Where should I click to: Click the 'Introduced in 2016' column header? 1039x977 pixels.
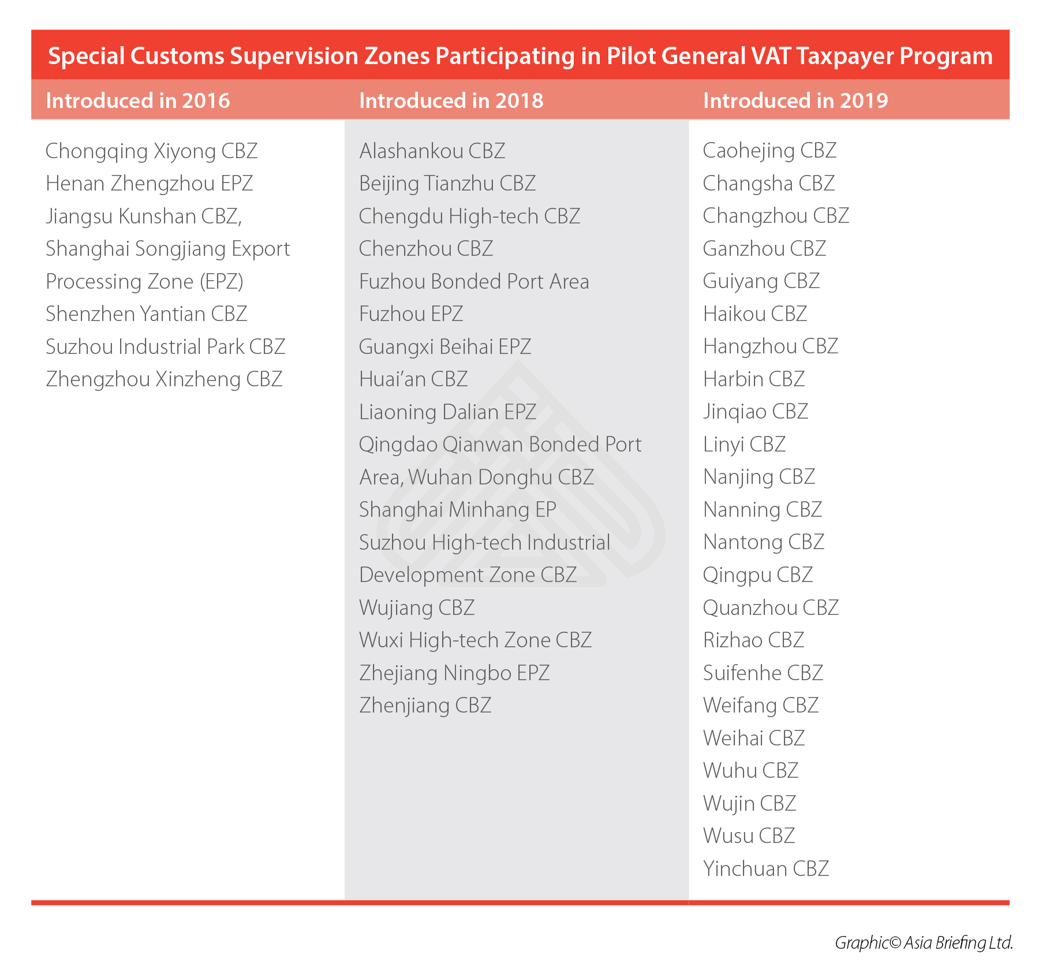tap(137, 100)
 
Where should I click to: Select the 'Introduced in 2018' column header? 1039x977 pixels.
tap(451, 100)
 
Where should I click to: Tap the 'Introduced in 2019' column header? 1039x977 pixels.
tap(795, 100)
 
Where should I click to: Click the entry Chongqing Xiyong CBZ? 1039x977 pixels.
tap(151, 151)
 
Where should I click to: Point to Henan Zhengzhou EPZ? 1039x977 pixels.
tap(149, 184)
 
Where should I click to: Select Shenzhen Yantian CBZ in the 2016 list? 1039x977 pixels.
tap(146, 314)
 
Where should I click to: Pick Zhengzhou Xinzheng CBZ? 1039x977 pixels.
tap(164, 379)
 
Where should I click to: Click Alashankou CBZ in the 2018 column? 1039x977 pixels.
tap(432, 151)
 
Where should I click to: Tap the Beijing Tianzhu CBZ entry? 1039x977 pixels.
tap(447, 184)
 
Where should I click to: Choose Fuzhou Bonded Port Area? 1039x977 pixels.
tap(473, 282)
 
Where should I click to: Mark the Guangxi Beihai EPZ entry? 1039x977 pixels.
tap(444, 347)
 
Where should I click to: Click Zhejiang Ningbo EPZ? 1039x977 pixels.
tap(454, 673)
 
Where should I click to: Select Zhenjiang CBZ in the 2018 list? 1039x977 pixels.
tap(425, 706)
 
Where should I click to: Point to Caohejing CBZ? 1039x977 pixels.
tap(769, 151)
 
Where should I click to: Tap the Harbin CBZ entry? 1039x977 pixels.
tap(753, 379)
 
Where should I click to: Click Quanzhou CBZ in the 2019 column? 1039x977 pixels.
tap(770, 608)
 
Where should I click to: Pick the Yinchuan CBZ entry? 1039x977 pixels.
tap(765, 869)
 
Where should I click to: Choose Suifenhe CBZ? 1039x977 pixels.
tap(763, 673)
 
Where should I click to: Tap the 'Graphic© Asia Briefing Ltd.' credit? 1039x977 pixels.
tap(923, 943)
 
